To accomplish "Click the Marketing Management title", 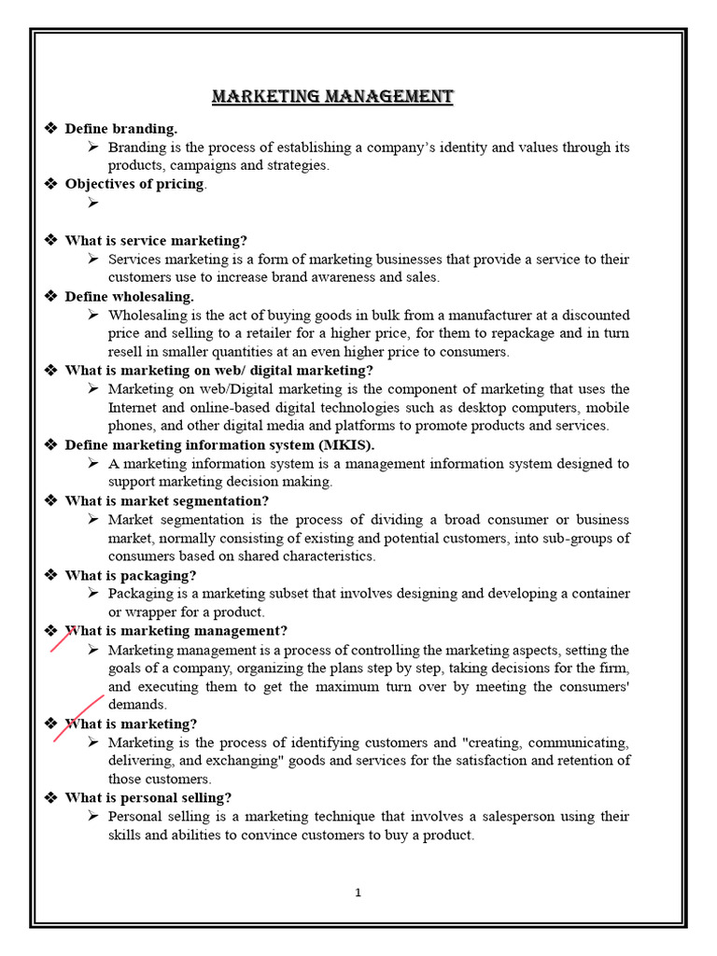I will [x=332, y=97].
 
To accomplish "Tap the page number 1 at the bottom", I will [x=358, y=893].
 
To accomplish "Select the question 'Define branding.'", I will [x=120, y=129].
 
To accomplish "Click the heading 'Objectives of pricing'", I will [x=135, y=184].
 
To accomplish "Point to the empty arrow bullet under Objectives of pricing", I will [x=92, y=203].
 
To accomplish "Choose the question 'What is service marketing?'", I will [x=156, y=241].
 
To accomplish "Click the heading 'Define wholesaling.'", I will [x=130, y=296].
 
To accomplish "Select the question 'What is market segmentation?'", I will [x=166, y=500].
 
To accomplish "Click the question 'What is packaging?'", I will [x=131, y=575].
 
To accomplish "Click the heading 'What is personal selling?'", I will [x=148, y=797].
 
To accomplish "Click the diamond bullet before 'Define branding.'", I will [x=52, y=129].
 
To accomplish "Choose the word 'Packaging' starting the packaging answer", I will [x=139, y=594].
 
